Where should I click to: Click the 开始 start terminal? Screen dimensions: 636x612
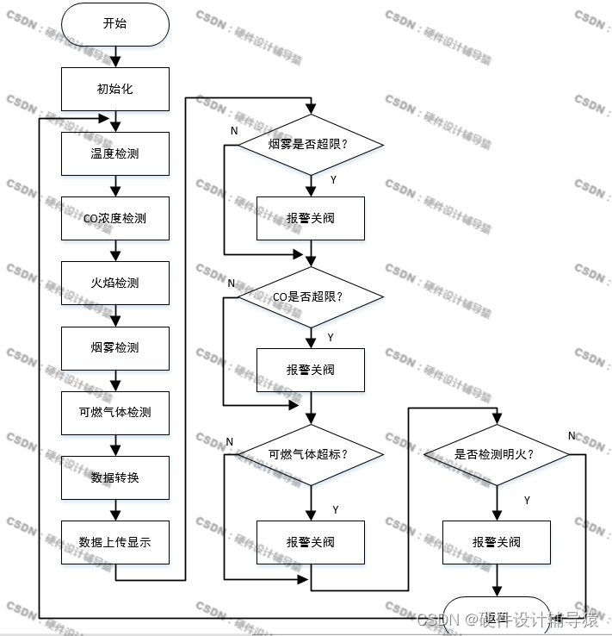(114, 24)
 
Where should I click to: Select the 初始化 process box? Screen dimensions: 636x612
(114, 89)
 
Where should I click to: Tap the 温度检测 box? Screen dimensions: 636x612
(114, 154)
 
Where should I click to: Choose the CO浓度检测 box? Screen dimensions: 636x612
(114, 219)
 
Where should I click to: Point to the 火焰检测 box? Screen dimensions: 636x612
(114, 284)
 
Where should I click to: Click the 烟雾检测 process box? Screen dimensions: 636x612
(114, 348)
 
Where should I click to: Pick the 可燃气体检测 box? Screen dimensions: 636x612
(114, 413)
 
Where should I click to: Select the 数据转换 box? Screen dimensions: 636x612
(114, 477)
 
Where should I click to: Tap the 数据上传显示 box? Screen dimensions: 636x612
(114, 542)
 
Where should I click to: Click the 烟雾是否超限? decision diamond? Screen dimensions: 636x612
(311, 144)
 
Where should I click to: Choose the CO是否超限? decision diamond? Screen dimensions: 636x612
(311, 297)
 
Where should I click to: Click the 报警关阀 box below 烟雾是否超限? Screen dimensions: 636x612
(311, 219)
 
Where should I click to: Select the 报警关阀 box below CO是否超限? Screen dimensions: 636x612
(311, 371)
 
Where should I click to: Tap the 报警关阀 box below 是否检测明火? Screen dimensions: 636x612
(495, 543)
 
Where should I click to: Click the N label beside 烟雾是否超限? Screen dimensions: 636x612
(233, 130)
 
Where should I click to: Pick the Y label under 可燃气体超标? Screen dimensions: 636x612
(336, 509)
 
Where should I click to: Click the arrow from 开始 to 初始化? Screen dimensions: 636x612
(114, 57)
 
